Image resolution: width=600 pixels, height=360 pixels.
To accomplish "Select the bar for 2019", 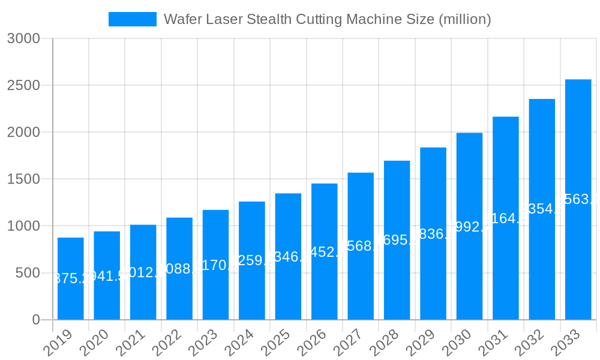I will tap(71, 278).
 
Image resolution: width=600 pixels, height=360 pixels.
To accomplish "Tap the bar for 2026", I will tap(324, 251).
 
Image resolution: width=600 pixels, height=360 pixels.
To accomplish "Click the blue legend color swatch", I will tap(132, 19).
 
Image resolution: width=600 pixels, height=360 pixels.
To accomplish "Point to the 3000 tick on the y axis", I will tap(23, 39).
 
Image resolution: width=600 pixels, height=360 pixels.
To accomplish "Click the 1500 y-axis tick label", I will tap(23, 179).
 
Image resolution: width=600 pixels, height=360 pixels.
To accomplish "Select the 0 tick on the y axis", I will tap(36, 320).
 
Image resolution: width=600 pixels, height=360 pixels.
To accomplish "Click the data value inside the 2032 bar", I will tap(542, 209).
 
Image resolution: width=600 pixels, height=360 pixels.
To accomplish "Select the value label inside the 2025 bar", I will tap(288, 257).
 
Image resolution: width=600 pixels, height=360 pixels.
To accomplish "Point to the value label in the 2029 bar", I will tap(433, 234).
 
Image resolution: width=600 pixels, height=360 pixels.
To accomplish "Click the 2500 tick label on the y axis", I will tap(23, 86).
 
